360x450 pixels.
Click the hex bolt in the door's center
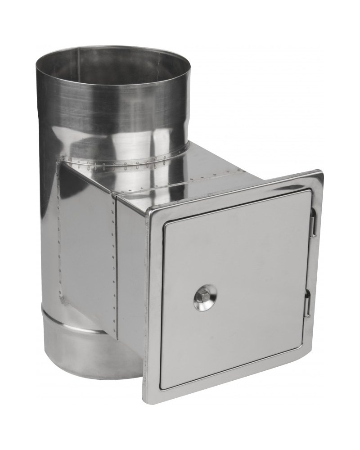[203, 297]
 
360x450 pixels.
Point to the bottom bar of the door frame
[229, 378]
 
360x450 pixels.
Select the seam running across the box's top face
[180, 184]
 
